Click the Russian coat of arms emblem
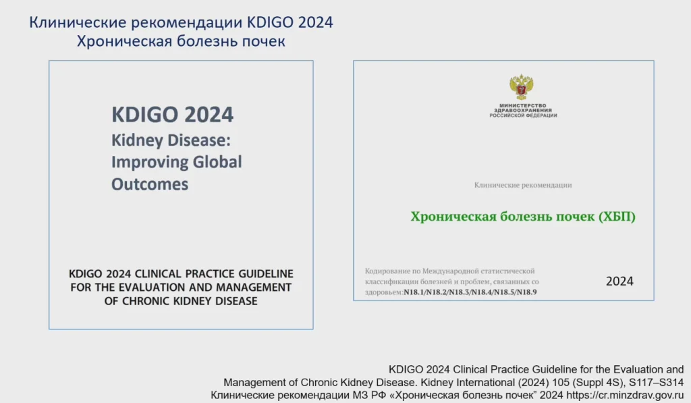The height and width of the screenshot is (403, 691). (522, 87)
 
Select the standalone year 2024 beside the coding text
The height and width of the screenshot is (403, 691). (619, 281)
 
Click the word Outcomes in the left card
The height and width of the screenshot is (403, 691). (150, 184)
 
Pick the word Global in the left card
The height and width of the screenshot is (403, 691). (217, 162)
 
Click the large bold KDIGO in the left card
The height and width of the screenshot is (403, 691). (145, 115)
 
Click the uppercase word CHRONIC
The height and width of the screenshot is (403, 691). (146, 301)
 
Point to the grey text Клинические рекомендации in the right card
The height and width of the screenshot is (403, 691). (523, 185)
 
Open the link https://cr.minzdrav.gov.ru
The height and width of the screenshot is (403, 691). (625, 395)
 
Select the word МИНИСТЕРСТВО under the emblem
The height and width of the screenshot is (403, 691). (523, 106)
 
